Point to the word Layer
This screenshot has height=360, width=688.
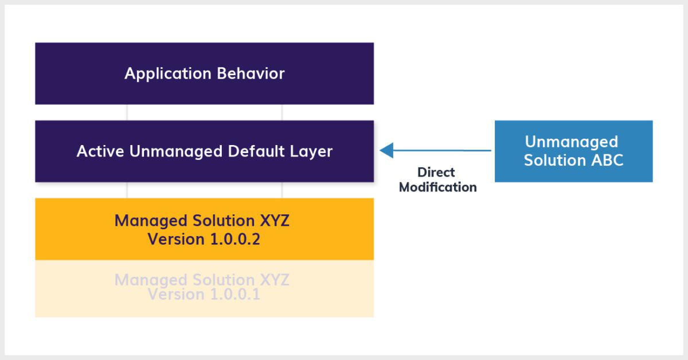click(x=313, y=151)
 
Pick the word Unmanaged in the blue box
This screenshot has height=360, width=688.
click(x=571, y=142)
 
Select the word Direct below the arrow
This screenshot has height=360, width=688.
click(x=436, y=172)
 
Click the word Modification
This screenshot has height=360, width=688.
click(x=437, y=187)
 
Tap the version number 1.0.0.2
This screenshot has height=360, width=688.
click(x=228, y=238)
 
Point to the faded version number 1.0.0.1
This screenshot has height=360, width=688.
click(x=228, y=294)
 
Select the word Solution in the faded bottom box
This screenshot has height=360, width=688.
click(x=219, y=280)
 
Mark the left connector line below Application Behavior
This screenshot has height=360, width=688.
click(x=127, y=112)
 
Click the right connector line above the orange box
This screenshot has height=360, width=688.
click(x=282, y=190)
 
